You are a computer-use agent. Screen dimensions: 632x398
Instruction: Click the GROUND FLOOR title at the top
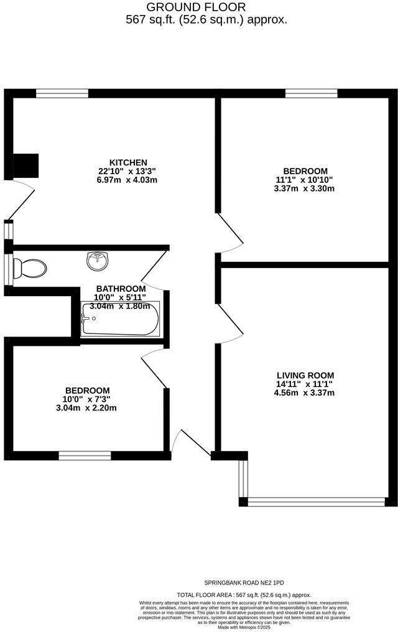coord(196,7)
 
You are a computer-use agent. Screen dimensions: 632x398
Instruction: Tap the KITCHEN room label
coord(129,162)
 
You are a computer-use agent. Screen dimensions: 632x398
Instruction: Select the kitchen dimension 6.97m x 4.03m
coord(129,180)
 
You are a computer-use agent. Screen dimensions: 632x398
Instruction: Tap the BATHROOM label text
coord(121,289)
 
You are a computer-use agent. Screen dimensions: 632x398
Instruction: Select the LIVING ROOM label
coord(305,375)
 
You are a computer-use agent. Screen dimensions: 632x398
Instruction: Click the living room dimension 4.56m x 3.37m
coord(305,393)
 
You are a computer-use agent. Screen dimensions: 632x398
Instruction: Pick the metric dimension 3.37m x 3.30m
coord(305,188)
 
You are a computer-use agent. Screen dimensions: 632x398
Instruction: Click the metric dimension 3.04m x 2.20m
coord(86,408)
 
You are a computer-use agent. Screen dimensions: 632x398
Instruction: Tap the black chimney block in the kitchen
coord(25,165)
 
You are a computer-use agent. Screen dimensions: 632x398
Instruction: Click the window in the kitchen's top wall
coord(62,93)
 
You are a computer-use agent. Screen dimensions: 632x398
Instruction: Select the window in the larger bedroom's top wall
coord(311,93)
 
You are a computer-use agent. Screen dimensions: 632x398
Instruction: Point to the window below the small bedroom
coord(85,456)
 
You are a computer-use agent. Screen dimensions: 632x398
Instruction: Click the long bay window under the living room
coord(316,501)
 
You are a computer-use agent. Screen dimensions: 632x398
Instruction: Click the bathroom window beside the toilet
coord(8,268)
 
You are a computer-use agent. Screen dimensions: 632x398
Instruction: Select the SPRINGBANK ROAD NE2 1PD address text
coord(244,583)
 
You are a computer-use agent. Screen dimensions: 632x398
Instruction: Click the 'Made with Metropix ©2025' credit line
coord(244,627)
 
